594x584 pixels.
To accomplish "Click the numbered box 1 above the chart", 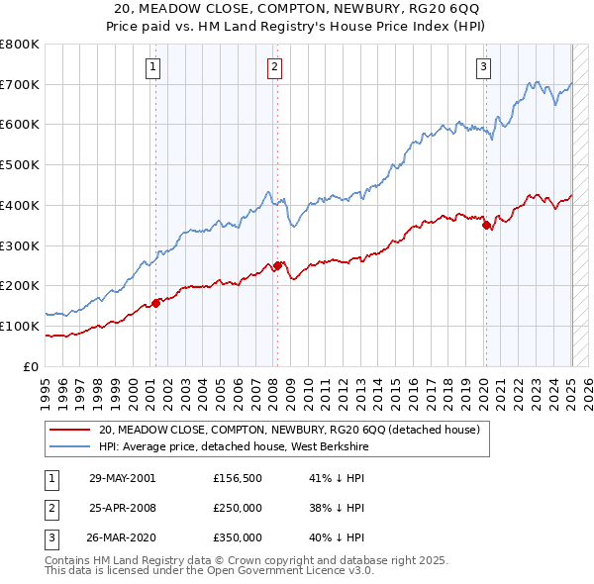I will pos(154,67).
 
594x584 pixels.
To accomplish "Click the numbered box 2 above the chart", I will pos(274,67).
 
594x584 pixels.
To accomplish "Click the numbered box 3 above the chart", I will pos(483,67).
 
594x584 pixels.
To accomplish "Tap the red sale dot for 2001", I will pos(155,303).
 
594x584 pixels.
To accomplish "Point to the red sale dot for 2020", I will pos(486,225).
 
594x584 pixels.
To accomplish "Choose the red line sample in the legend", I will pos(71,429).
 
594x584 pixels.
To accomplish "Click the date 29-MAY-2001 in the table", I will pos(122,477).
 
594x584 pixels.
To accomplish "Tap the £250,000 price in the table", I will pos(238,508).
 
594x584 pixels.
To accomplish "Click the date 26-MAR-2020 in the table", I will pos(122,538).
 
